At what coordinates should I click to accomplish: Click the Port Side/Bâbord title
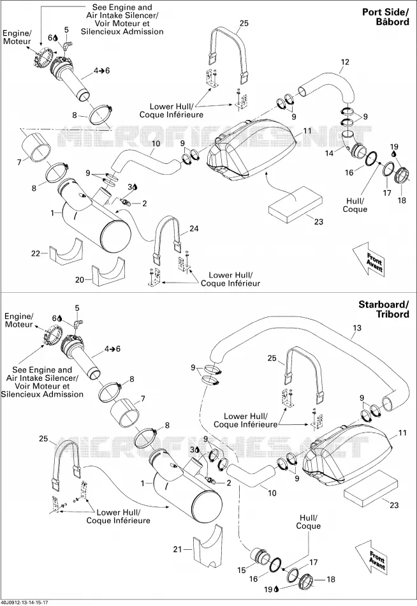[385, 17]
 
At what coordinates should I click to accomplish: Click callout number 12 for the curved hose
[345, 62]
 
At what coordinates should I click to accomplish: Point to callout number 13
[356, 328]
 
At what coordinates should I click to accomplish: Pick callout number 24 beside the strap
[194, 228]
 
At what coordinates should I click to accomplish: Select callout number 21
[177, 549]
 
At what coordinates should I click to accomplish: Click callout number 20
[80, 279]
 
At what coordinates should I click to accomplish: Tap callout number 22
[36, 253]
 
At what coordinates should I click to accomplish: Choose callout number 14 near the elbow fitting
[329, 153]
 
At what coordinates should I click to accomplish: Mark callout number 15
[242, 570]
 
